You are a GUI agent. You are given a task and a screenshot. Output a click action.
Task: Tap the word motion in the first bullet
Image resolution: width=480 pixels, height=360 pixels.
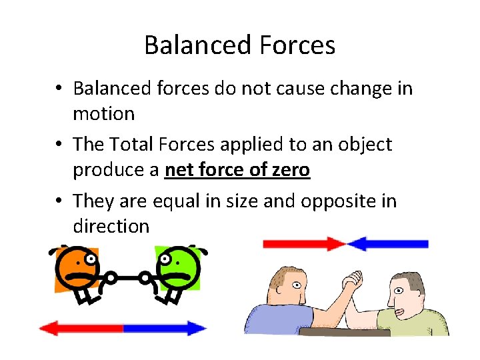(103, 114)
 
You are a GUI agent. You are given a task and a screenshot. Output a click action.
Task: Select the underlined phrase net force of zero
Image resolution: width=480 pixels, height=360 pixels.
(237, 170)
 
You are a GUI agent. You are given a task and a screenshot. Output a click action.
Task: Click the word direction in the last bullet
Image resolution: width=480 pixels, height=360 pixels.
(111, 226)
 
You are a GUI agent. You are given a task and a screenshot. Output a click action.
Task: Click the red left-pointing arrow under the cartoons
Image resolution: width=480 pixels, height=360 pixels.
(80, 328)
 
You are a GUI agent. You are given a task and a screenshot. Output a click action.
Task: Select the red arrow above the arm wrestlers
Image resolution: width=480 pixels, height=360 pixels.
(303, 243)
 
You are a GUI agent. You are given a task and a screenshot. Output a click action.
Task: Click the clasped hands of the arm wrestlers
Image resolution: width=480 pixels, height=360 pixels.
(351, 283)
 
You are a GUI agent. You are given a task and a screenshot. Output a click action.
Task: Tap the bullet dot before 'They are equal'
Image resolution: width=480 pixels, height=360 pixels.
(60, 201)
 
